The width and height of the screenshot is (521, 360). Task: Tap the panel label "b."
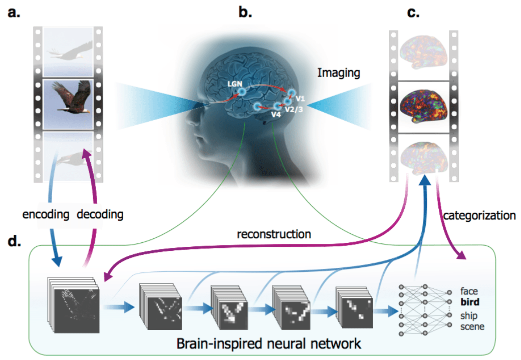[245, 13]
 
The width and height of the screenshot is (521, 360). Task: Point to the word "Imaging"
[339, 73]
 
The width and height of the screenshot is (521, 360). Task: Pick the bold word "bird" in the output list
[471, 302]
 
